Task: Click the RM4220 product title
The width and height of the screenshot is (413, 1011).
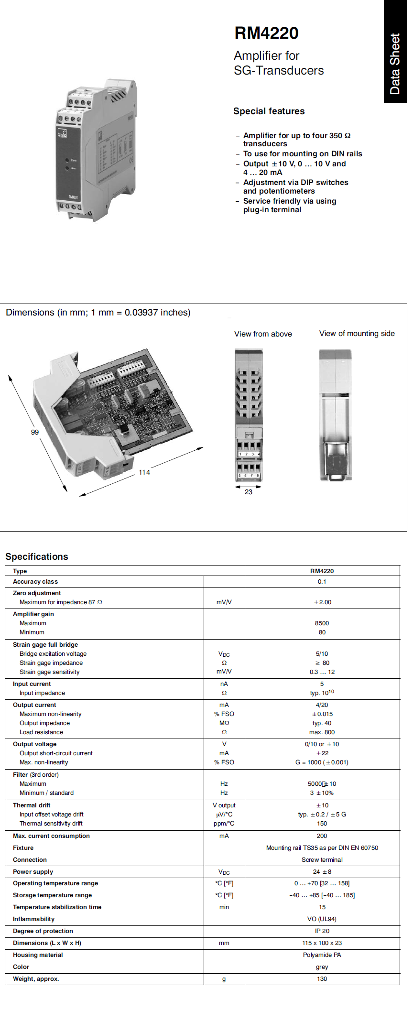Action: (266, 33)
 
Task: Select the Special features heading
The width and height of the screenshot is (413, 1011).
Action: (269, 111)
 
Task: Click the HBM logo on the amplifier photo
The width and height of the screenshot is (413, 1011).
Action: (62, 133)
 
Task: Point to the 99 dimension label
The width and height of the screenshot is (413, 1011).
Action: (35, 432)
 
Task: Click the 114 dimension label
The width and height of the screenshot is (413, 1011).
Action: (144, 472)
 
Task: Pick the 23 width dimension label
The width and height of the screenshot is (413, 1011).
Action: (249, 492)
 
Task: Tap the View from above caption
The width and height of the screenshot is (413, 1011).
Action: (263, 334)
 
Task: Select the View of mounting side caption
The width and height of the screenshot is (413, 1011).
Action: (357, 334)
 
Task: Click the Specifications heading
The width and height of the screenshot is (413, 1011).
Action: (37, 556)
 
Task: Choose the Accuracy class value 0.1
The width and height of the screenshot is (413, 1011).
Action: (322, 582)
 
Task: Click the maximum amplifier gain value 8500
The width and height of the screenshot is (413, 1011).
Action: (322, 623)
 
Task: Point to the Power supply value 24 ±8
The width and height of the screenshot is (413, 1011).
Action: (322, 872)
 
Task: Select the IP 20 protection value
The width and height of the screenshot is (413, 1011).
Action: (322, 931)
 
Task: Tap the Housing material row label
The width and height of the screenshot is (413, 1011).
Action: (38, 955)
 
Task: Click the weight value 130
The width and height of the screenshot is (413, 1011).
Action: (322, 979)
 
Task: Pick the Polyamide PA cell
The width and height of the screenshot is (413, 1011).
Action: (322, 955)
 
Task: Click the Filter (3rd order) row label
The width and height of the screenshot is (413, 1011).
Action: (36, 775)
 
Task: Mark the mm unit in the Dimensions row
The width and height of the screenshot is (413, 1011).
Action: (224, 943)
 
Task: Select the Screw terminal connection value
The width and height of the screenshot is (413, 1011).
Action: (322, 860)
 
